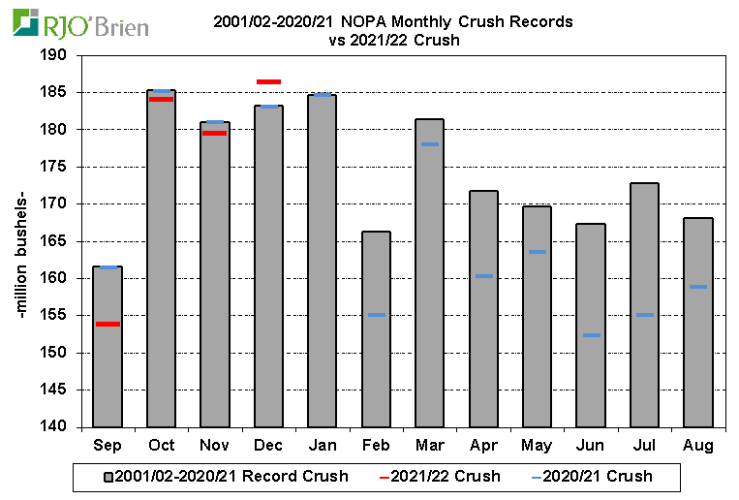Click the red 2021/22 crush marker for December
pos(268,81)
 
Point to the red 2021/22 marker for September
pos(108,324)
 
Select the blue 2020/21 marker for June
pos(591,335)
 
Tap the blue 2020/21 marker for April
pos(483,276)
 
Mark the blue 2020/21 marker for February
pos(376,315)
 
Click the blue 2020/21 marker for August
pos(698,287)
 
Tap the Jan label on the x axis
pos(322,445)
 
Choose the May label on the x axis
pos(537,445)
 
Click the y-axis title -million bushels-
pos(20,241)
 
